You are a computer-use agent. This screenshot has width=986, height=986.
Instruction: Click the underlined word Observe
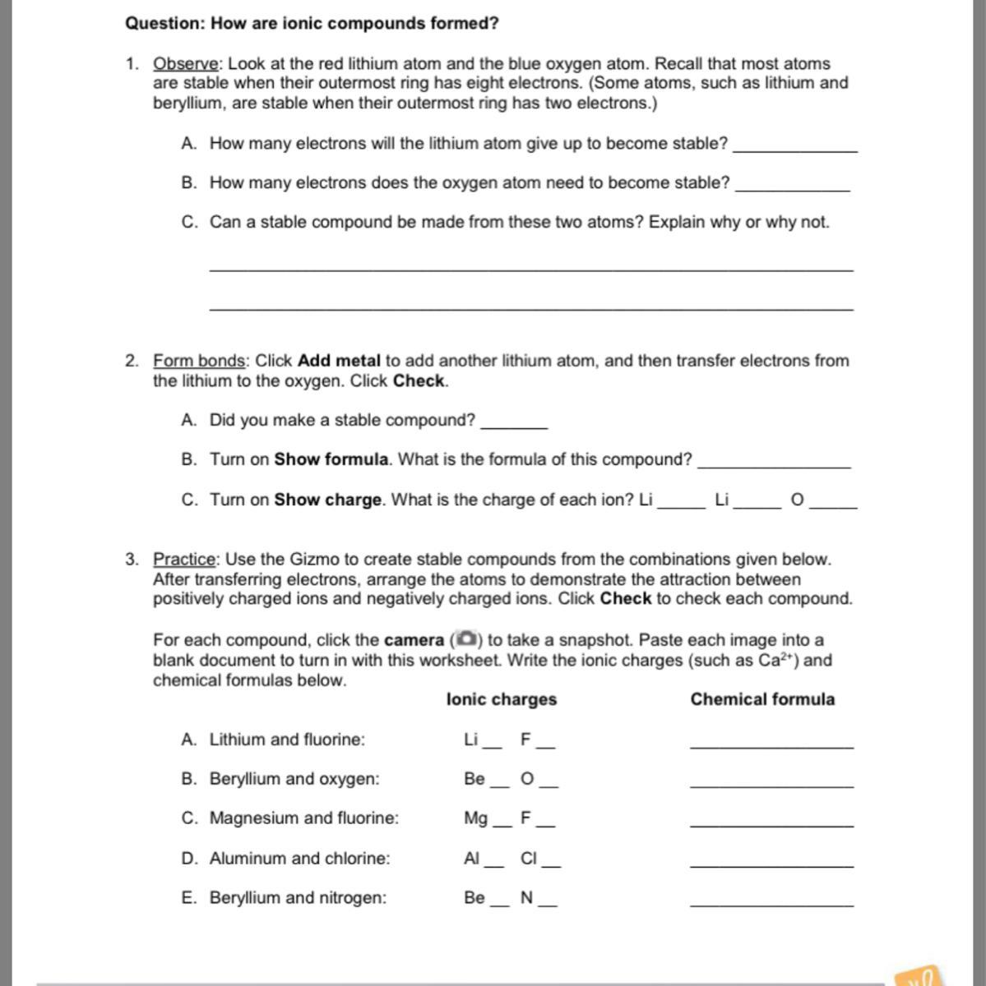[x=186, y=64]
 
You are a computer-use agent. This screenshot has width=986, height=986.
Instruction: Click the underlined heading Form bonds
[x=200, y=361]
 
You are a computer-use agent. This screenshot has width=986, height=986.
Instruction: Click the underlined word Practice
[x=185, y=560]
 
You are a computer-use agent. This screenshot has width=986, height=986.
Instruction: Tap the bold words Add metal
[x=339, y=361]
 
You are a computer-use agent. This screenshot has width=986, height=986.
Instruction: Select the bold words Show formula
[x=331, y=459]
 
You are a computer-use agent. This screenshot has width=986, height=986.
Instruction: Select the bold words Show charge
[x=328, y=500]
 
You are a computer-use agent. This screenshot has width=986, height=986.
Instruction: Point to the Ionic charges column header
[x=502, y=699]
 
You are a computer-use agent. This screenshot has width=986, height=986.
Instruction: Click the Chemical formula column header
[x=762, y=699]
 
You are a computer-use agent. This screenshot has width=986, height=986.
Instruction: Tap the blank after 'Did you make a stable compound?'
[x=514, y=422]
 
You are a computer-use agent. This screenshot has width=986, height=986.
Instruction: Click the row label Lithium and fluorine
[x=287, y=739]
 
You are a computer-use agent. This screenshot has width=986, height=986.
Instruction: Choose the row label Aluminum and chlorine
[x=299, y=859]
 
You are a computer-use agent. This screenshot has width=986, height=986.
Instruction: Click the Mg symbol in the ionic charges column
[x=475, y=818]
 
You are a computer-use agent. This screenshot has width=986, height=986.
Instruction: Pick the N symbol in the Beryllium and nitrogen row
[x=527, y=898]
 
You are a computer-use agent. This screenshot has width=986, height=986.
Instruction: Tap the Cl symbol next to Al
[x=529, y=859]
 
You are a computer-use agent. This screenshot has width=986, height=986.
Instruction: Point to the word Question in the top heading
[x=164, y=23]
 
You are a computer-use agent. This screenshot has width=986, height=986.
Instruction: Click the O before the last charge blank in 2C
[x=797, y=500]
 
